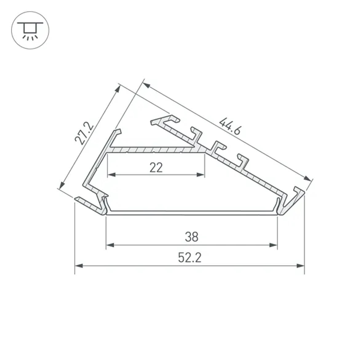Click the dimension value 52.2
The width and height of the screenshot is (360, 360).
(190, 258)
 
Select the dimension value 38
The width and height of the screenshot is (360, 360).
(192, 237)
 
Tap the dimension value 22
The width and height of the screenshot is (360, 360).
(156, 167)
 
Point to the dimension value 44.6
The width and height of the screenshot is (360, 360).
(230, 126)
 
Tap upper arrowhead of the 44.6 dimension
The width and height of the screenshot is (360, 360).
(146, 85)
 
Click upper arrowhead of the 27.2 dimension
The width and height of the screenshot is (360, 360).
(117, 89)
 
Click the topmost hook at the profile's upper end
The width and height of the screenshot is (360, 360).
(166, 120)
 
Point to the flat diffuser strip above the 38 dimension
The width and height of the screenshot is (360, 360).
(192, 213)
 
